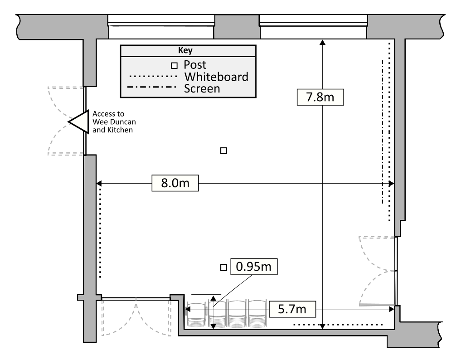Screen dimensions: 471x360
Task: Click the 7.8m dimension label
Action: (320, 97)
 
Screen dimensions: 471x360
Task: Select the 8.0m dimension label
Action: (175, 183)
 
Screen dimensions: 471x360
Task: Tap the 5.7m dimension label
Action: (292, 309)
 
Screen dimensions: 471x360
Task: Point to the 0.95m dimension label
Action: (254, 267)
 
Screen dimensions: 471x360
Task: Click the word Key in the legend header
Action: (185, 50)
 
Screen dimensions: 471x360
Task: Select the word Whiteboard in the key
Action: (216, 77)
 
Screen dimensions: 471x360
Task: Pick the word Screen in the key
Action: (202, 89)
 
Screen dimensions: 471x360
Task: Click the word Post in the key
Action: (195, 64)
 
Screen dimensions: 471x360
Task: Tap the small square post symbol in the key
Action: (174, 65)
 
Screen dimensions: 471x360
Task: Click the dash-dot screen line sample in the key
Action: (152, 88)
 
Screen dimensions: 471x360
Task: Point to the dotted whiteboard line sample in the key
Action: (153, 76)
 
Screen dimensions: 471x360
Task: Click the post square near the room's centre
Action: (223, 151)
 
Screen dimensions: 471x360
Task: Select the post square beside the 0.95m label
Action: (223, 268)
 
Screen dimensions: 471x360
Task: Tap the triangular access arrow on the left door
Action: (79, 122)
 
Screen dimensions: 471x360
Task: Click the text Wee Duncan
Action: (114, 122)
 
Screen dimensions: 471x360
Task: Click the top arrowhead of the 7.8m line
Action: (322, 42)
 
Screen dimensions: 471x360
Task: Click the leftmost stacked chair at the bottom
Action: (196, 314)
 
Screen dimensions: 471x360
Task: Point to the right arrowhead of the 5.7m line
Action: (392, 309)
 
